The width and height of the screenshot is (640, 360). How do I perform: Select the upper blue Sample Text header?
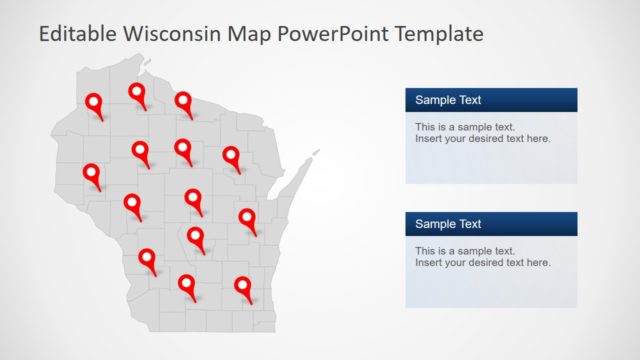[x=491, y=100]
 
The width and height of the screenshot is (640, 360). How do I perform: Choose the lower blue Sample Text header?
[x=491, y=224]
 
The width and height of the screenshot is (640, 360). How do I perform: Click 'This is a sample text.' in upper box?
[x=465, y=127]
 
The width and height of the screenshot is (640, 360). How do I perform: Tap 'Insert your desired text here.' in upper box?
[x=482, y=139]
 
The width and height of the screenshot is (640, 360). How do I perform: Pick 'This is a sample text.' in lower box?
[x=465, y=251]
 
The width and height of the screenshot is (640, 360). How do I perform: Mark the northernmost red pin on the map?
[x=137, y=93]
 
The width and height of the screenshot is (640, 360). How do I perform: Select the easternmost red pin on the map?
[x=247, y=217]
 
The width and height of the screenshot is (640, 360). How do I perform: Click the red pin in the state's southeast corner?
[x=243, y=287]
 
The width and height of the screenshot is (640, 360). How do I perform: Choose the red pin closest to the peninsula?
[x=231, y=156]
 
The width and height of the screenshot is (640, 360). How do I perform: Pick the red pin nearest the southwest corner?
[x=147, y=259]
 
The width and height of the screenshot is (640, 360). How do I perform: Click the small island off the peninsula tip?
[x=317, y=152]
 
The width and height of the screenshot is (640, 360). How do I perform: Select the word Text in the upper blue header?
[x=469, y=100]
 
